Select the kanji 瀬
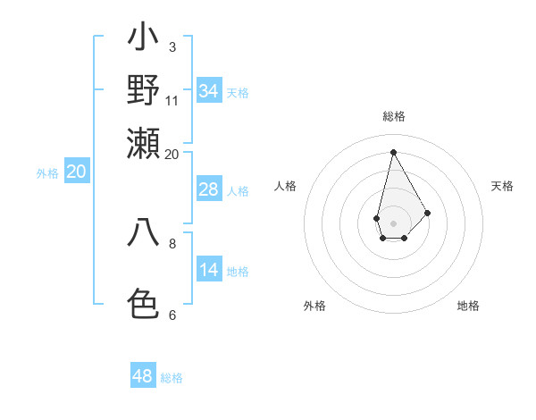pyautogui.click(x=143, y=143)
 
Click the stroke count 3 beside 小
pyautogui.click(x=172, y=46)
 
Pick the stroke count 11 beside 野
pyautogui.click(x=172, y=100)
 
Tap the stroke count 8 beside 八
pyautogui.click(x=172, y=242)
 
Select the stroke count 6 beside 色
pyautogui.click(x=172, y=315)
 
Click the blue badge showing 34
pyautogui.click(x=208, y=91)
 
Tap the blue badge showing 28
pyautogui.click(x=208, y=189)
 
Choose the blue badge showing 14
pyautogui.click(x=208, y=270)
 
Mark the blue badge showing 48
pyautogui.click(x=143, y=376)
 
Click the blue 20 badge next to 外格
pyautogui.click(x=76, y=172)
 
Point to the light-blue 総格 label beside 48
pyautogui.click(x=172, y=378)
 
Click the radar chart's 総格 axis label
pyautogui.click(x=394, y=116)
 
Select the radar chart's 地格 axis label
pyautogui.click(x=468, y=306)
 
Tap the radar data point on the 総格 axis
pyautogui.click(x=393, y=152)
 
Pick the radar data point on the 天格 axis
pyautogui.click(x=427, y=213)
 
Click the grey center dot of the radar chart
pyautogui.click(x=393, y=222)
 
